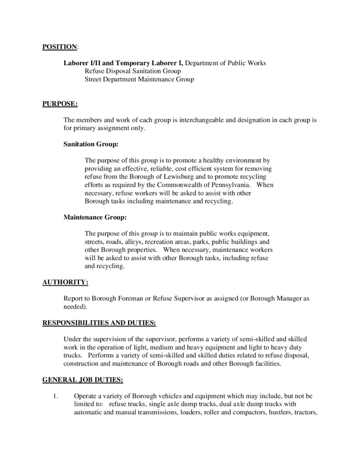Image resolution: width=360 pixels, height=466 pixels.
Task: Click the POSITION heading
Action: tap(59, 47)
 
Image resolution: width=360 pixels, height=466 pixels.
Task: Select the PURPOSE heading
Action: tap(60, 104)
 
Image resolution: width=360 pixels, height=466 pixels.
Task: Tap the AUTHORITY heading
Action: tap(65, 282)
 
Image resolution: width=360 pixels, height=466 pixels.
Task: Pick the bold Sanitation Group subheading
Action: tap(91, 145)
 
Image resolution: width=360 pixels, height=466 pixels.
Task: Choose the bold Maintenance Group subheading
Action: tap(95, 218)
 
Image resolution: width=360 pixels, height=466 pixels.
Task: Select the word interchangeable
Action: tap(202, 120)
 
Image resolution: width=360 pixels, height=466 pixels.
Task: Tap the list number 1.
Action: tap(56, 396)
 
